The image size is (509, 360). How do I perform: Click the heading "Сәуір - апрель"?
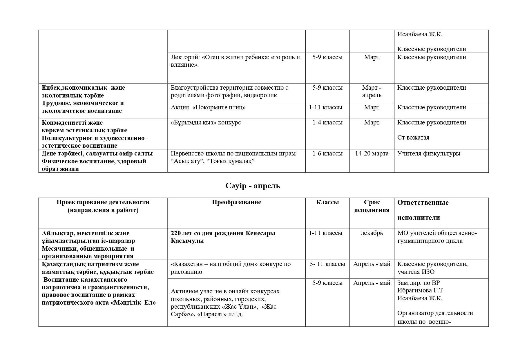(x=253, y=186)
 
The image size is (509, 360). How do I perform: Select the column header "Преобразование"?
(x=236, y=202)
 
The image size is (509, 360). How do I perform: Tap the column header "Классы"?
(x=327, y=202)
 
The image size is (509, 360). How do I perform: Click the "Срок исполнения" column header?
(x=372, y=206)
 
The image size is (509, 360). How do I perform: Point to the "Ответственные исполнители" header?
(x=423, y=210)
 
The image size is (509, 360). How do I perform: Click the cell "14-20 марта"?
(x=372, y=153)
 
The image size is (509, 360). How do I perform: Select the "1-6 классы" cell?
(x=327, y=153)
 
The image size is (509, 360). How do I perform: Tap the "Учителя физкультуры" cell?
(x=428, y=153)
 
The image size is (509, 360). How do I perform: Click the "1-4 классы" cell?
(x=327, y=122)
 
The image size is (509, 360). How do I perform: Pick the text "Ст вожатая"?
(x=413, y=138)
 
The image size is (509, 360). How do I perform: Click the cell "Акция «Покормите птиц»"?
(x=208, y=108)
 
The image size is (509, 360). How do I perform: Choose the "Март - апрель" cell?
(x=372, y=91)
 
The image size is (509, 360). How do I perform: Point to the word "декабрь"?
(x=372, y=233)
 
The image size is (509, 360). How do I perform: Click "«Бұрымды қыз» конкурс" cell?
(x=206, y=122)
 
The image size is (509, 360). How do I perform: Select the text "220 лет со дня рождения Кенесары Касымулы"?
(x=223, y=237)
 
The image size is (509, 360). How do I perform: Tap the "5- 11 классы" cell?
(x=327, y=264)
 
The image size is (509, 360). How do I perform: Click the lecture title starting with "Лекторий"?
(x=235, y=61)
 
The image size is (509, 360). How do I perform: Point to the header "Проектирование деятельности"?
(x=103, y=202)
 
